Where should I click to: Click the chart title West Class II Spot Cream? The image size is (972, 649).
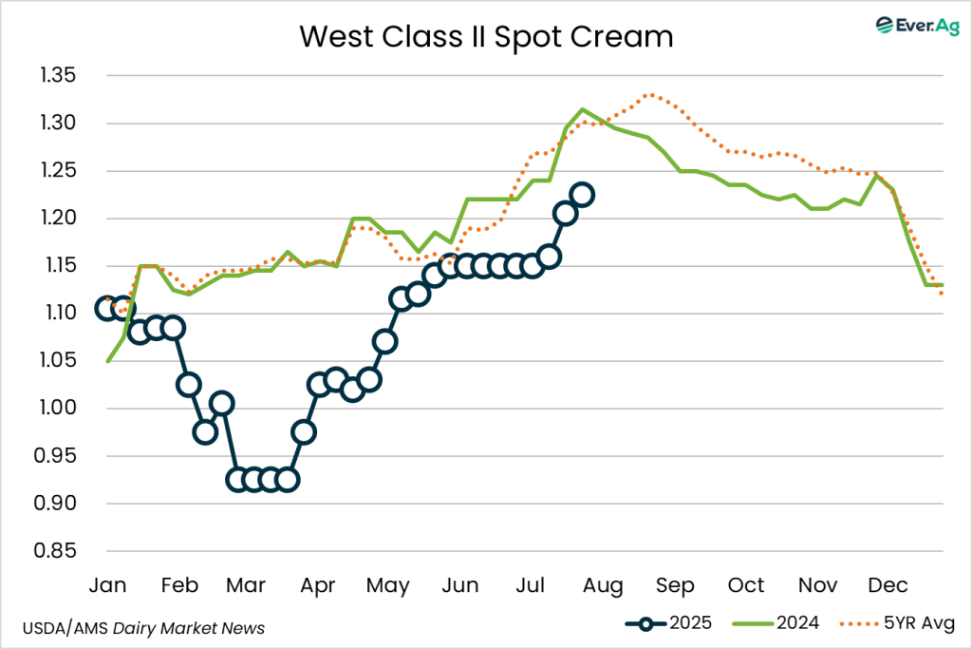click(486, 37)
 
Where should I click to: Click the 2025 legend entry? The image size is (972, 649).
click(665, 624)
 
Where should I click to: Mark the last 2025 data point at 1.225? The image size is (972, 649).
click(582, 195)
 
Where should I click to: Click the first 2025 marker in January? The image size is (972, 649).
click(108, 308)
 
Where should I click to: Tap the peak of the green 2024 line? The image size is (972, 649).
click(583, 109)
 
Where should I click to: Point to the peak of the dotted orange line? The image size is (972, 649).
click(649, 94)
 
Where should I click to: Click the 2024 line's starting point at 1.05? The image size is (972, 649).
click(108, 361)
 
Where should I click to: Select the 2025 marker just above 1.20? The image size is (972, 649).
click(566, 214)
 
